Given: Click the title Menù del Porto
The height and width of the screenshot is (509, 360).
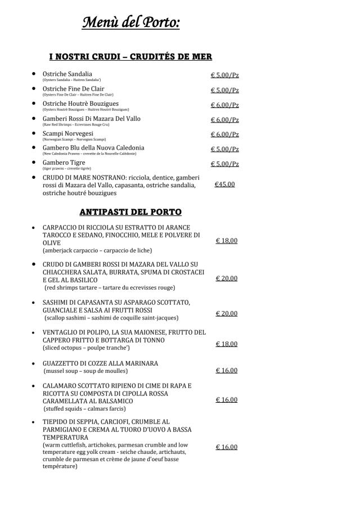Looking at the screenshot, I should (x=131, y=23).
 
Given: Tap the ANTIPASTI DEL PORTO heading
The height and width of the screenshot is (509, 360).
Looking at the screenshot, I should (x=130, y=212).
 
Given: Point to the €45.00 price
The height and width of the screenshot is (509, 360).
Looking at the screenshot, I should (x=224, y=184).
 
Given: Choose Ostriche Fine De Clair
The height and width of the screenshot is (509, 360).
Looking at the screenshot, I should (x=73, y=89).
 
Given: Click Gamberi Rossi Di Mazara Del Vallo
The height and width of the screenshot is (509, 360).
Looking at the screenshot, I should (x=91, y=119).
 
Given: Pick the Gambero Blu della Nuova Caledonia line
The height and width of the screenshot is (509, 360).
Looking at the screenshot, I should (x=93, y=148).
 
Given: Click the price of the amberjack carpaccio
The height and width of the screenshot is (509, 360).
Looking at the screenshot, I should (x=226, y=241).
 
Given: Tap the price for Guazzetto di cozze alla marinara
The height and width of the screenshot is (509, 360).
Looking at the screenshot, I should (x=226, y=371).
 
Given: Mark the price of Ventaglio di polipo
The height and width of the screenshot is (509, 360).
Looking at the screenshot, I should (x=226, y=344).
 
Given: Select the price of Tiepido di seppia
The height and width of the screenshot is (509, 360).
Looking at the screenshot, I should (x=226, y=447).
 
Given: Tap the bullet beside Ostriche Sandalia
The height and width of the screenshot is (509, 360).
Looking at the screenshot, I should (x=34, y=74).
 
